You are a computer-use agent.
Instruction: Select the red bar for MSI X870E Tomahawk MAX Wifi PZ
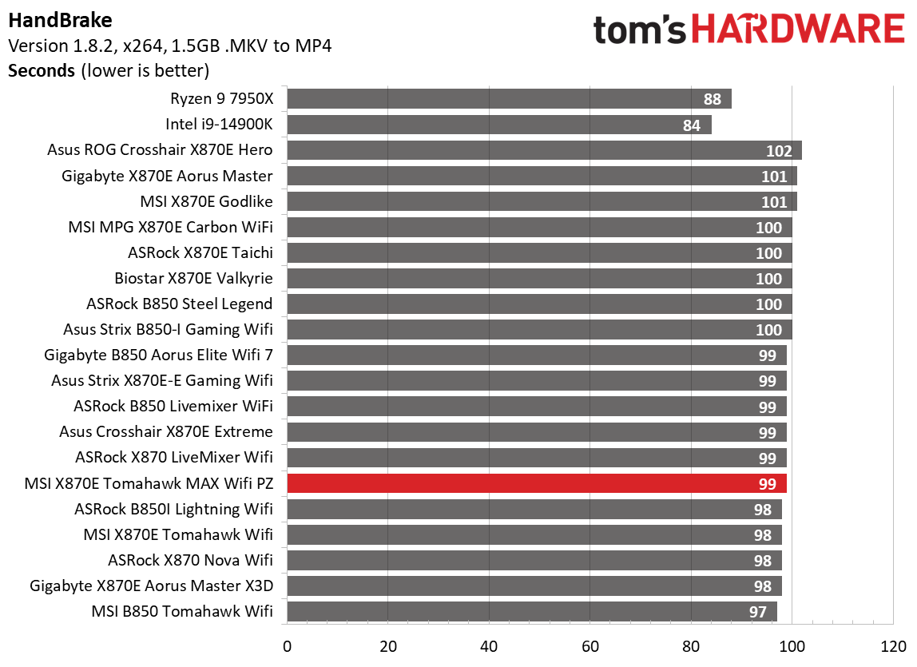[x=536, y=483]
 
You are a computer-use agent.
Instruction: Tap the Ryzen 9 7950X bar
[x=509, y=99]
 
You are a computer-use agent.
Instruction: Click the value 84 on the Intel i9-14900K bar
[x=691, y=125]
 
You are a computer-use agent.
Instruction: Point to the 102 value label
[x=779, y=151]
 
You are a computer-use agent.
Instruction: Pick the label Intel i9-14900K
[x=219, y=125]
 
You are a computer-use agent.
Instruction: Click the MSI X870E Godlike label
[x=206, y=201]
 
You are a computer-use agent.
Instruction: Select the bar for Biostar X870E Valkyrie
[x=538, y=279]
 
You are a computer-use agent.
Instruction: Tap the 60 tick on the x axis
[x=590, y=646]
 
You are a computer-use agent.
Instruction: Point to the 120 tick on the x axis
[x=893, y=646]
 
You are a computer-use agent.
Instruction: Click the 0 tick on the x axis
[x=287, y=646]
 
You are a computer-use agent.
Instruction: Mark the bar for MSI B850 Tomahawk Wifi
[x=531, y=611]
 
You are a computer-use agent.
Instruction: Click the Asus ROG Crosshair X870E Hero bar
[x=543, y=150]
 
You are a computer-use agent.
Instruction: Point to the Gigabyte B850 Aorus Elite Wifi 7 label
[x=158, y=355]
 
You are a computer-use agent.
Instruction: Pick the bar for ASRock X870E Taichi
[x=538, y=253]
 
